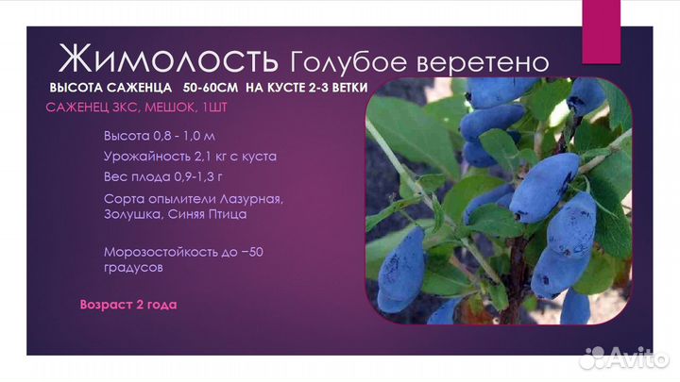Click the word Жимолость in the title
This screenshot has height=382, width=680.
click(168, 59)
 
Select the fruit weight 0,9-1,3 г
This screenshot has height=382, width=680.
click(196, 176)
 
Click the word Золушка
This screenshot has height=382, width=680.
click(134, 214)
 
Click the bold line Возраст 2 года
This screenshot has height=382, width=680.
click(128, 305)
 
